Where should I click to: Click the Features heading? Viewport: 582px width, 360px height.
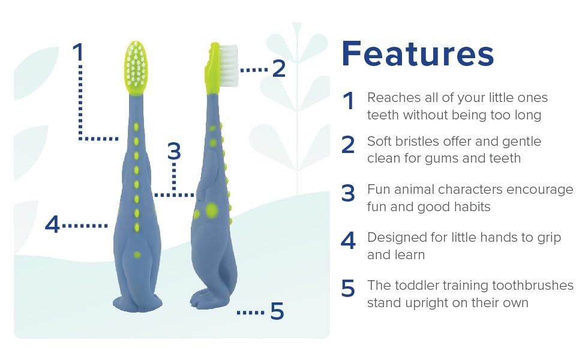418,54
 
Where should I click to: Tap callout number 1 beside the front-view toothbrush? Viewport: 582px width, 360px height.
78,52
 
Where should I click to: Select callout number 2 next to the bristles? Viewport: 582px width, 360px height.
279,68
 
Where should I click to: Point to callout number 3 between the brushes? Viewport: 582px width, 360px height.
174,151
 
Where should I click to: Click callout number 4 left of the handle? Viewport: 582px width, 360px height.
52,224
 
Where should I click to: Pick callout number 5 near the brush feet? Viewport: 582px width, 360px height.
277,311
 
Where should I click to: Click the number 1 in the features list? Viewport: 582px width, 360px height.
348,101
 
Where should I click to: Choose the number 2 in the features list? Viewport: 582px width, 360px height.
348,145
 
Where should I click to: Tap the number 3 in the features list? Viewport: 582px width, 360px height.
348,193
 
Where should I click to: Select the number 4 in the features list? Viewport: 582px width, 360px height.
348,241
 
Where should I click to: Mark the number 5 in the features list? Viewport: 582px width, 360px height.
348,289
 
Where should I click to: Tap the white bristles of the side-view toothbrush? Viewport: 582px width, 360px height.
228,65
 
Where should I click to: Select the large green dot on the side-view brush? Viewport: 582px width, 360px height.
212,210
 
